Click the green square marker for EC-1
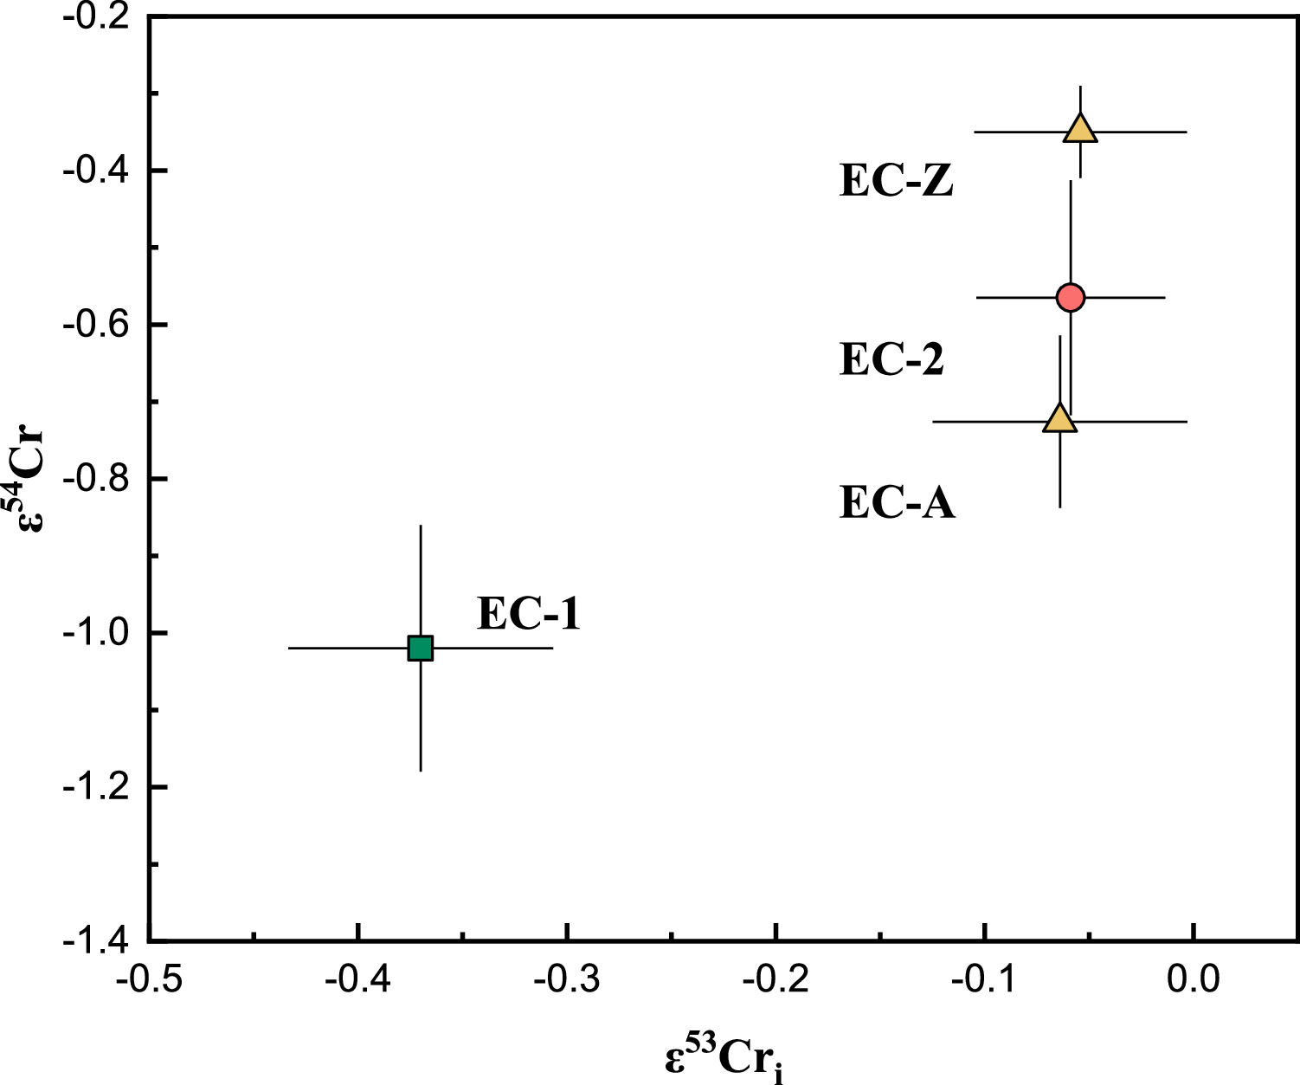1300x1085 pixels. [420, 648]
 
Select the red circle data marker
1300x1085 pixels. [1071, 297]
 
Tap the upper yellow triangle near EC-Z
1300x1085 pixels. [1080, 129]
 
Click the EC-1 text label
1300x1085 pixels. [528, 615]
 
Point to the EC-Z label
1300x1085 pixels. [897, 182]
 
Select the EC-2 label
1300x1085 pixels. [891, 359]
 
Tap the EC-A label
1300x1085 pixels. [898, 503]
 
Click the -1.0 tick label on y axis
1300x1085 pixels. [95, 634]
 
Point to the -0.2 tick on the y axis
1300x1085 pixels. [95, 17]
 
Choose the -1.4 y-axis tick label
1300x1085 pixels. [95, 941]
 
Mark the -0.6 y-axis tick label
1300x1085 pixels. [95, 326]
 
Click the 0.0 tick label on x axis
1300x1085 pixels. [1193, 979]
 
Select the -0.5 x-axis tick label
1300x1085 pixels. [149, 979]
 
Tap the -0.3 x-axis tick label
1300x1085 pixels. [566, 979]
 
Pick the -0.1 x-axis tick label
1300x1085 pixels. [984, 979]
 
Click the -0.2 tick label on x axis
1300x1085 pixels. [775, 979]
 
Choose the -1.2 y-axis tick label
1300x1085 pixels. [95, 788]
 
